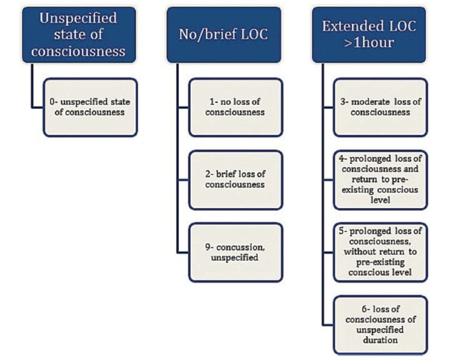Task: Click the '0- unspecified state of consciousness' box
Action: point(89,107)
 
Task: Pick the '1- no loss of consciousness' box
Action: point(236,107)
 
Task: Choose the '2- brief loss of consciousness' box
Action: point(236,179)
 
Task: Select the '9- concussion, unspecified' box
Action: point(236,251)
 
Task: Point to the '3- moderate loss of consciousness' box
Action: point(380,107)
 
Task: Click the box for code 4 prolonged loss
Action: point(380,179)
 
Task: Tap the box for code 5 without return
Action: point(380,251)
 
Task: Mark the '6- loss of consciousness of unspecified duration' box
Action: point(380,324)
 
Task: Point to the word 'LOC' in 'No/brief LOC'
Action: point(251,34)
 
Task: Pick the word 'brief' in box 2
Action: point(230,174)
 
